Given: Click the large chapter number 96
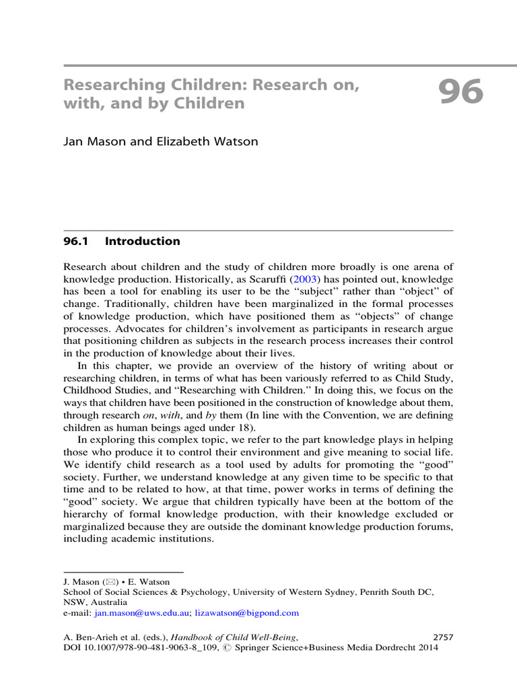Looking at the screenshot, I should point(460,92).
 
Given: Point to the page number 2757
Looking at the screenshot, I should point(441,637).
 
